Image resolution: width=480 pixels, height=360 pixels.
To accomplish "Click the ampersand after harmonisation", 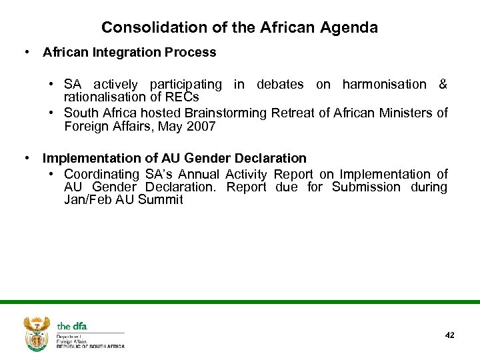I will (443, 85).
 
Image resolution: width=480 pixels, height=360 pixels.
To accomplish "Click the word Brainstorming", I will (227, 113).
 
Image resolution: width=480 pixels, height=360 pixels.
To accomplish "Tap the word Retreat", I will (293, 113).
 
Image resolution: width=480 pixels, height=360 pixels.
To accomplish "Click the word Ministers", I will (401, 113).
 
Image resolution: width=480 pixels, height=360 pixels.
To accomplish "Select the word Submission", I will (367, 187).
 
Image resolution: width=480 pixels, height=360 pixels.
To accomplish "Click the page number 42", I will (449, 335).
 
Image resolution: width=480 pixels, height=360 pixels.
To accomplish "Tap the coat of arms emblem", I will (37, 333).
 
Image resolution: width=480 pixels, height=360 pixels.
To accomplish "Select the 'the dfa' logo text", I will (72, 326).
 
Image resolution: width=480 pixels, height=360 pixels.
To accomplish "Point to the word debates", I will (280, 85).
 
